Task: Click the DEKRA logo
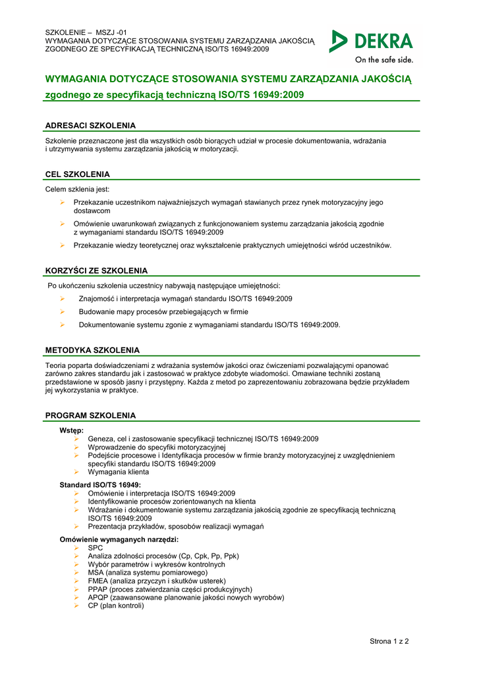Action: pyautogui.click(x=371, y=41)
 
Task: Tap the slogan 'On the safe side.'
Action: pyautogui.click(x=384, y=60)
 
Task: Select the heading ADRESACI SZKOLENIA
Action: pyautogui.click(x=90, y=125)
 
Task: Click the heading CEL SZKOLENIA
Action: pyautogui.click(x=77, y=174)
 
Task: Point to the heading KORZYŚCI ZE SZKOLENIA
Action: pyautogui.click(x=96, y=271)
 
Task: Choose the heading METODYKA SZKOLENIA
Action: pyautogui.click(x=92, y=350)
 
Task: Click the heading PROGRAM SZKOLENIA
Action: pyautogui.click(x=90, y=415)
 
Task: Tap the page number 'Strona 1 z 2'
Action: pyautogui.click(x=389, y=641)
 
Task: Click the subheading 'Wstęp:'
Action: pyautogui.click(x=71, y=430)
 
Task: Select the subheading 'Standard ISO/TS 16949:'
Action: pyautogui.click(x=100, y=485)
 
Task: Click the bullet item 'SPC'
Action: pyautogui.click(x=96, y=548)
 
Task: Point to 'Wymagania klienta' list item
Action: pyautogui.click(x=119, y=472)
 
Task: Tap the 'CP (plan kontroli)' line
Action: pyautogui.click(x=116, y=606)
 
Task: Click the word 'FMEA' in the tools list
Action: pyautogui.click(x=98, y=581)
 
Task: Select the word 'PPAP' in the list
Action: pyautogui.click(x=98, y=589)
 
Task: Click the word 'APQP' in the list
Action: pyautogui.click(x=99, y=598)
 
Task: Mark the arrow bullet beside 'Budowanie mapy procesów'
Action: pyautogui.click(x=62, y=312)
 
